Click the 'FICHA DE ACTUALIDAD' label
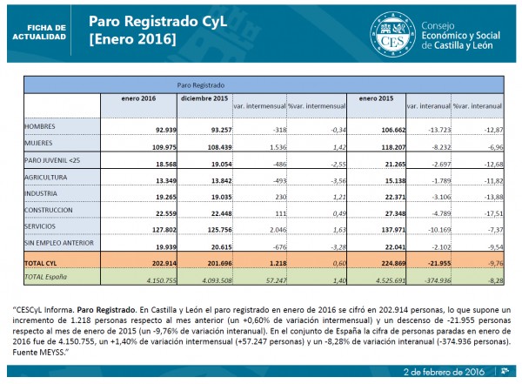pos(37,32)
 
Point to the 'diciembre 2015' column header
pos(204,99)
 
